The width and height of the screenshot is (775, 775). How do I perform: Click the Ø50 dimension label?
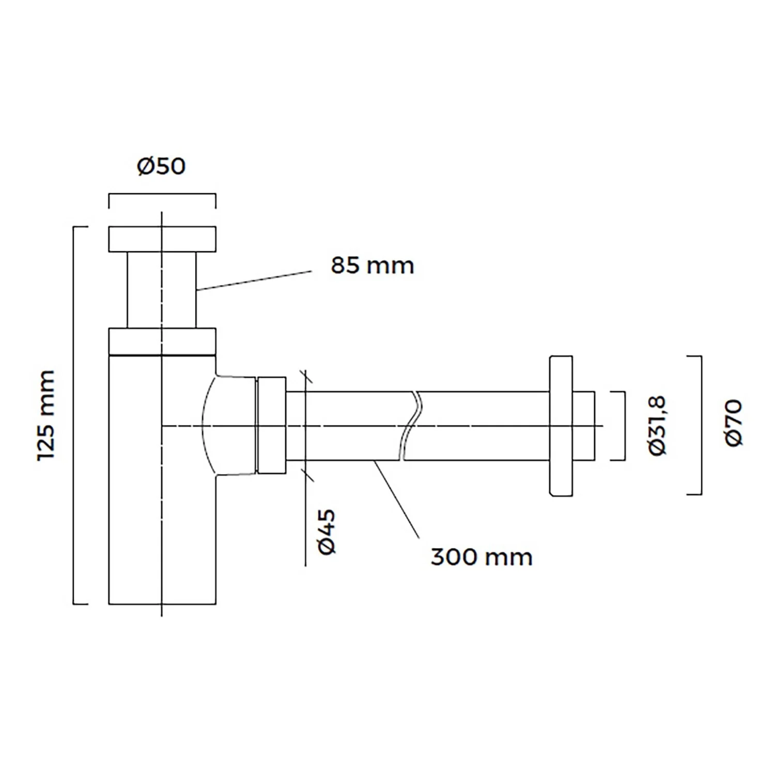(161, 166)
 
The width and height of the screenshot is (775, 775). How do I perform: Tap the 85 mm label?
(373, 266)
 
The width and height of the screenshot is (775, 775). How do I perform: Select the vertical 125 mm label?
(47, 415)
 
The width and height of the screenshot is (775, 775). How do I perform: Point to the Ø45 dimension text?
(327, 532)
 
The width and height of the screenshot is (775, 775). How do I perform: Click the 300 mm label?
(482, 557)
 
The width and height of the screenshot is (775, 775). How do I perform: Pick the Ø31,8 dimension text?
(658, 426)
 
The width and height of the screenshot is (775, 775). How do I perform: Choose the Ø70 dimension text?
(734, 423)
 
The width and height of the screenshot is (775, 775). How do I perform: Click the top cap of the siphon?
(162, 239)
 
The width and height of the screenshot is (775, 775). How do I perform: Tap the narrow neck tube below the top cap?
(162, 290)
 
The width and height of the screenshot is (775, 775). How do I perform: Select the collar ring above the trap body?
(162, 342)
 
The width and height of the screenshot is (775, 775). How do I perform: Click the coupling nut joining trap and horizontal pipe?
(271, 425)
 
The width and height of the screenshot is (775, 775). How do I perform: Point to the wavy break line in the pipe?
(410, 426)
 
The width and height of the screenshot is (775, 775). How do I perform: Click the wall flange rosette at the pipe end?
(561, 426)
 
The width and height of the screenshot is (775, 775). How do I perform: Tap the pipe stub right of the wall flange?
(584, 426)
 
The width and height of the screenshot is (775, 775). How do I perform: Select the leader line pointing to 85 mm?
(254, 281)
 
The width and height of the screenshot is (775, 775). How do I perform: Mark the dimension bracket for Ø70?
(701, 425)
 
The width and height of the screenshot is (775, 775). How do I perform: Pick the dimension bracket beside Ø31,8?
(625, 426)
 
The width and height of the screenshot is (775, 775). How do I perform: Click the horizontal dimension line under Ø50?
(162, 194)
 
